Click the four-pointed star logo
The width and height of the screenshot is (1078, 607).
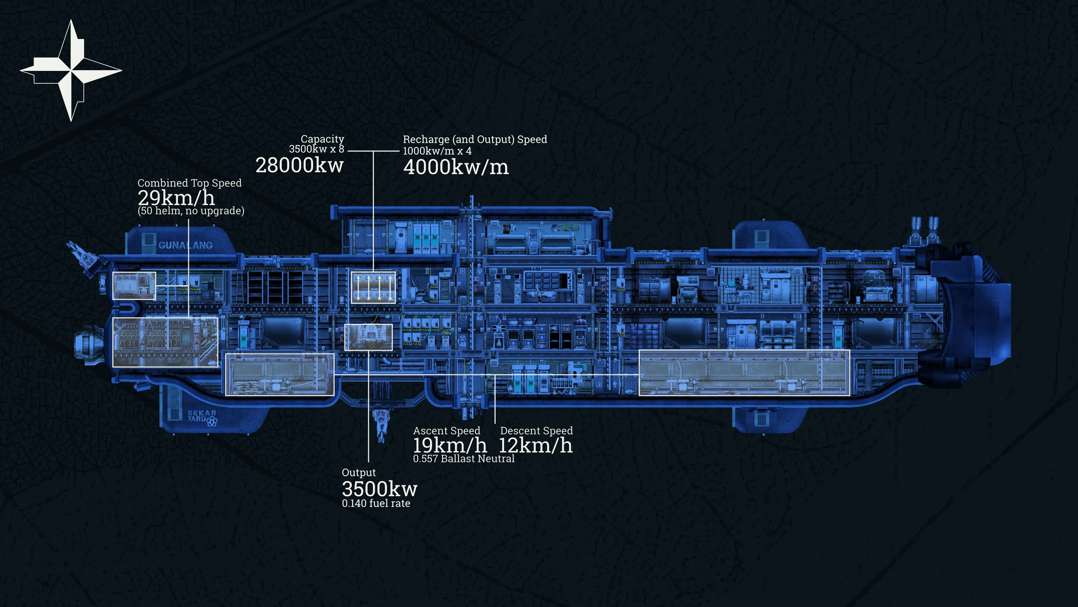point(71,70)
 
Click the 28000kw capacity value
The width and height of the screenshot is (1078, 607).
point(299,165)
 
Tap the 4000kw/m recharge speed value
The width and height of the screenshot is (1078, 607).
point(456,167)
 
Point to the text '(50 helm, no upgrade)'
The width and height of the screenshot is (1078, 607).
point(191,211)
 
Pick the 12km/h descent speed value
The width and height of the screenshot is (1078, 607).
point(536,445)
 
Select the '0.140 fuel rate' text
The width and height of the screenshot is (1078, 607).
point(376,503)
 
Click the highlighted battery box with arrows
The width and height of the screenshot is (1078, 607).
point(373,287)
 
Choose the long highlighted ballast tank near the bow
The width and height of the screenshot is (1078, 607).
point(744,372)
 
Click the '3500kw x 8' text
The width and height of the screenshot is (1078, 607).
point(316,149)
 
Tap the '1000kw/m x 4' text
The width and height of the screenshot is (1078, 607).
point(437,151)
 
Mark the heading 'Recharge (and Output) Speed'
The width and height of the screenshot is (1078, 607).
point(475,139)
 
